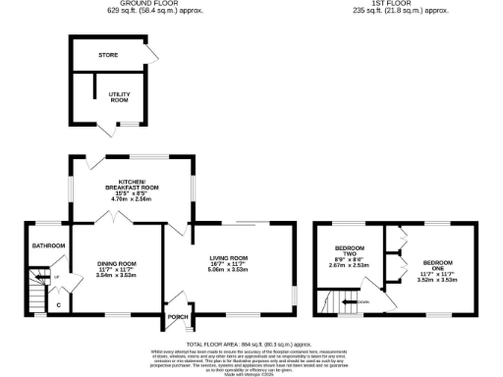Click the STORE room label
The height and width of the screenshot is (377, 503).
(x=108, y=55)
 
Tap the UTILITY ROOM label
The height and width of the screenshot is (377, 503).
(x=120, y=98)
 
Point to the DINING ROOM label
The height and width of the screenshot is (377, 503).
(x=116, y=262)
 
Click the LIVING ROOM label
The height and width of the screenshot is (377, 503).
(x=232, y=257)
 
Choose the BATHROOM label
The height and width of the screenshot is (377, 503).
(x=48, y=245)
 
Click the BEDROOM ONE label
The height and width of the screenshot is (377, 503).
(x=438, y=262)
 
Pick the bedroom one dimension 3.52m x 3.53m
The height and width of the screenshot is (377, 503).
(x=438, y=280)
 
